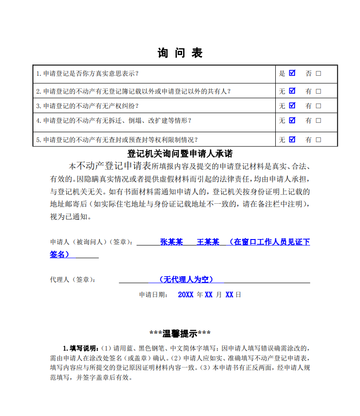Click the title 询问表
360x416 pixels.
tap(180, 53)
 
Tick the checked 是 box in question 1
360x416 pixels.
tap(292, 73)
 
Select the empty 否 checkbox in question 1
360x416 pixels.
tap(319, 73)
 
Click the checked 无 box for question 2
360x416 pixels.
tap(292, 91)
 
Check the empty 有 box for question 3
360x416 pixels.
tap(319, 106)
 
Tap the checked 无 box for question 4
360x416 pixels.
tap(292, 120)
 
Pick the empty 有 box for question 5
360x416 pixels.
tap(319, 140)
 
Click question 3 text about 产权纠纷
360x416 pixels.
tap(87, 106)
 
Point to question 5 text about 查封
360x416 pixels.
tap(117, 140)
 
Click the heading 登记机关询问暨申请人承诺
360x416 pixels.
tap(180, 154)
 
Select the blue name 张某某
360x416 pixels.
tap(171, 242)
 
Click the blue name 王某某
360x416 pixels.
tap(208, 242)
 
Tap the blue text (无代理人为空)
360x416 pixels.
tap(186, 280)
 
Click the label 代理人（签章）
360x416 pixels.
tap(72, 280)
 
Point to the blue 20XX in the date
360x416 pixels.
tap(186, 295)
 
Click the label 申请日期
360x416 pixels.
tap(153, 295)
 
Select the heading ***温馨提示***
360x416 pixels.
tap(180, 334)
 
